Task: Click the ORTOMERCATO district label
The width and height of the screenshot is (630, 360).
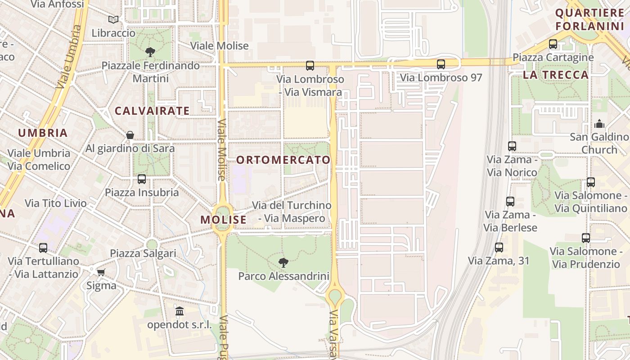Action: (283, 160)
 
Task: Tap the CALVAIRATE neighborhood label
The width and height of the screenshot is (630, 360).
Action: (152, 111)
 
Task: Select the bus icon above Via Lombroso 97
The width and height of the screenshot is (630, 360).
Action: (441, 64)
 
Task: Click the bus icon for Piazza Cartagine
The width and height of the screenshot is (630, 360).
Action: (553, 44)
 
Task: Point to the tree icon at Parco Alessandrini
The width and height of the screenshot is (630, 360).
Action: (283, 262)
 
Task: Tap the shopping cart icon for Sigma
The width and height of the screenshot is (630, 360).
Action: (101, 272)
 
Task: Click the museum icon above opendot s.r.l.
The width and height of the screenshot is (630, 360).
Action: (180, 311)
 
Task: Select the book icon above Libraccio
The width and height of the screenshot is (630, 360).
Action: (113, 20)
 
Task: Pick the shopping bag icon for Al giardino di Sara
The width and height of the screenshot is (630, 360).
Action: (130, 135)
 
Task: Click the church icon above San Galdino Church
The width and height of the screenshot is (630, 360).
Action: (599, 124)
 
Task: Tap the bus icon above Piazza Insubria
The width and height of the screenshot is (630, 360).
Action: (142, 179)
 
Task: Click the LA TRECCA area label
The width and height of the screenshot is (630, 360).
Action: (556, 75)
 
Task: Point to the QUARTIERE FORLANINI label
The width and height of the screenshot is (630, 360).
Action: (589, 19)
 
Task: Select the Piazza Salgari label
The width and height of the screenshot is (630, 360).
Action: (143, 253)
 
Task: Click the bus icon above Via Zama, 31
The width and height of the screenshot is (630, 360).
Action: (499, 247)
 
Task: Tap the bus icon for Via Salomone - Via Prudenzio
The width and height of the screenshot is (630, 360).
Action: (585, 238)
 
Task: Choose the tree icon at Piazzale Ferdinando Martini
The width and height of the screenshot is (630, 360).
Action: (150, 52)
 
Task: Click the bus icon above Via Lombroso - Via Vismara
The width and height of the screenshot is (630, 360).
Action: (310, 66)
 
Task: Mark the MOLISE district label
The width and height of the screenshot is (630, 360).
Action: (224, 220)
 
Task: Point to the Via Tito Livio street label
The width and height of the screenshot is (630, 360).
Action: (56, 203)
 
